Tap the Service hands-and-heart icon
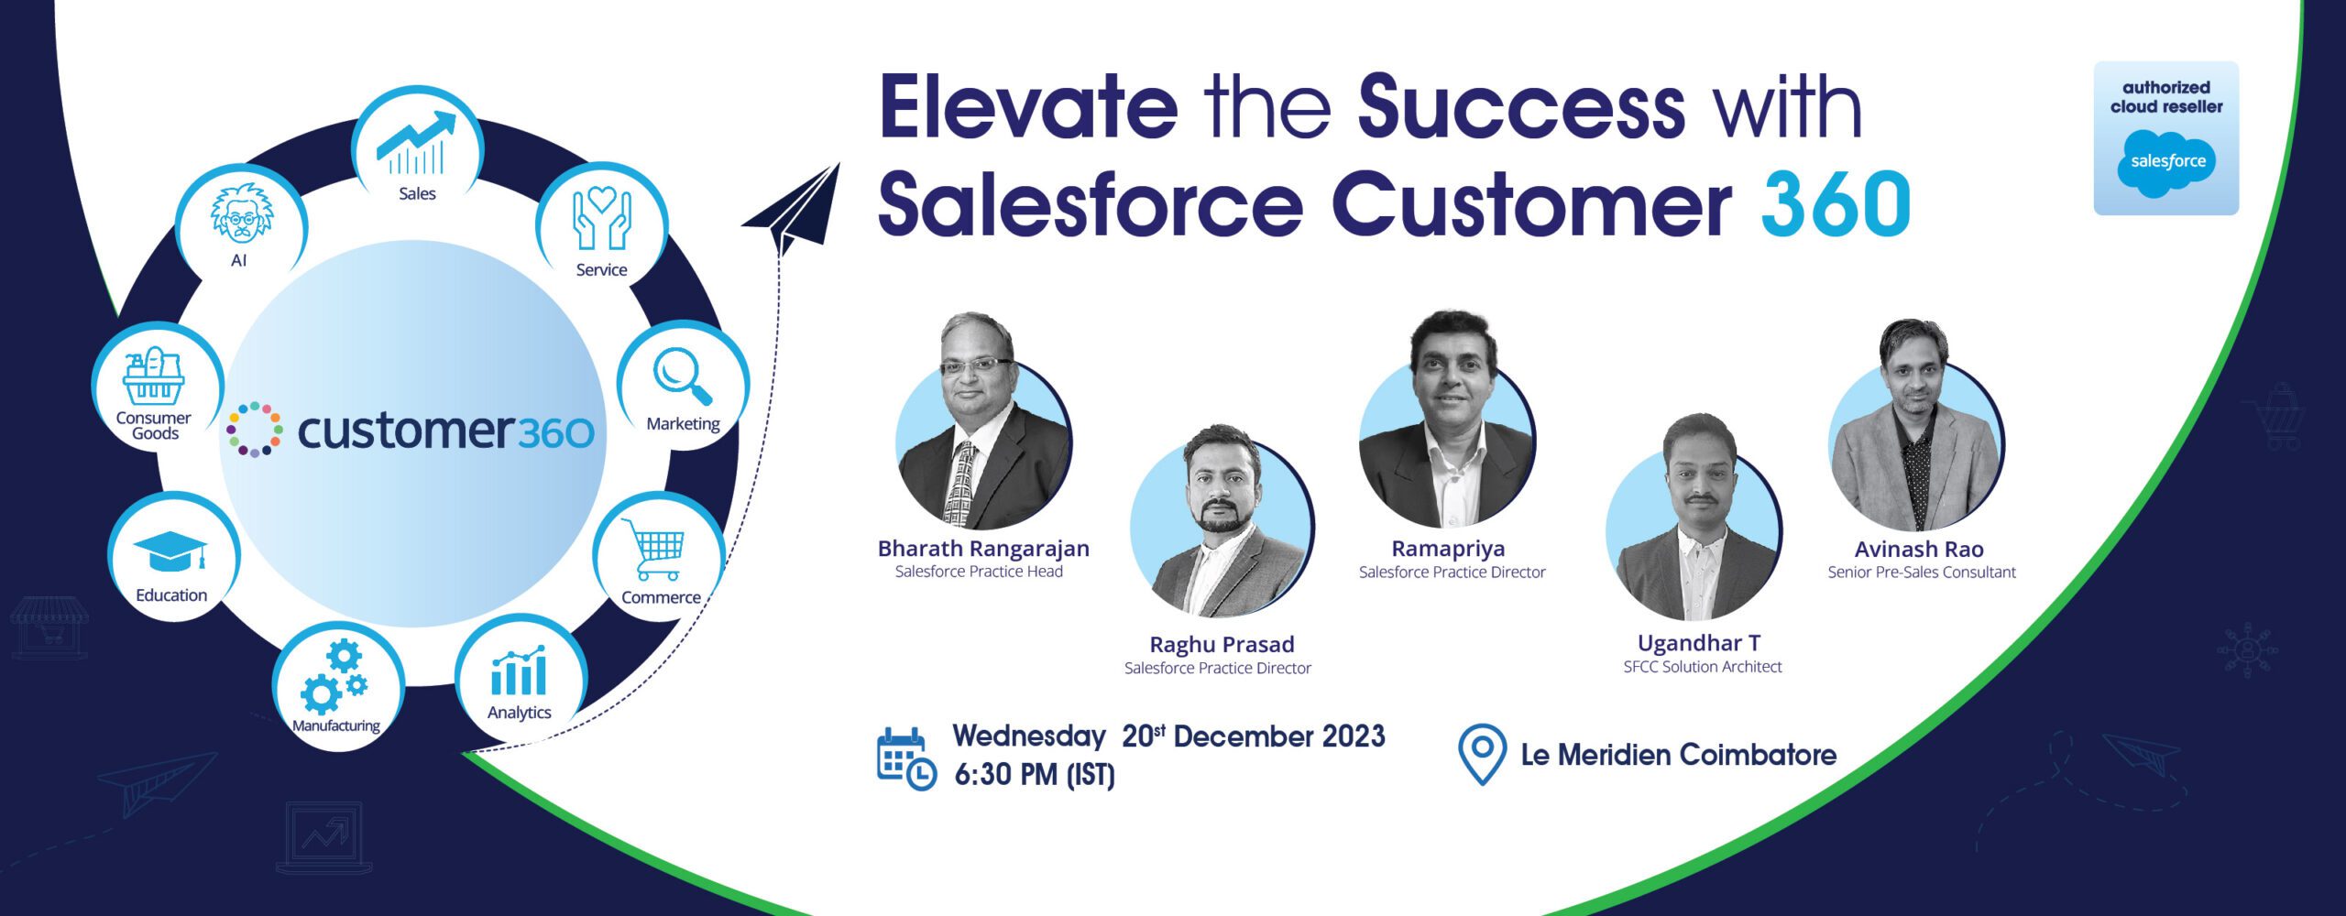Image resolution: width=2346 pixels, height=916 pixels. point(601,219)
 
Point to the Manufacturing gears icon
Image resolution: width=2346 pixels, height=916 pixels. point(334,677)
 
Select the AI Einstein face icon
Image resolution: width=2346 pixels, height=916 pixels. point(241,214)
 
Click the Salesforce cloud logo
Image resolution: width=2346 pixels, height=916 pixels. point(2166,163)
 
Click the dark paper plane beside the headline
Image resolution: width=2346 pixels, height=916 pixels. point(794,209)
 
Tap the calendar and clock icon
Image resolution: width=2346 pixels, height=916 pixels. point(906,758)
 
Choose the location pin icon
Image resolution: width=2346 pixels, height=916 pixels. point(1482,754)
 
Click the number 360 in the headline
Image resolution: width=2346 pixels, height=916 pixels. point(1836,203)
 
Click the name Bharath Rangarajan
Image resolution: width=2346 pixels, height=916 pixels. point(983,548)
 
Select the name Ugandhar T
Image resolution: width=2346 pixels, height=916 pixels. point(1699,643)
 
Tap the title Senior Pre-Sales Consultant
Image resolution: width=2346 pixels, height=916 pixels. point(1922,572)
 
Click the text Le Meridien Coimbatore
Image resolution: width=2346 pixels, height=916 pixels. point(1679,755)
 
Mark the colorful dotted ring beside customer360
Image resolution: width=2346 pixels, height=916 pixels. point(255,429)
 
